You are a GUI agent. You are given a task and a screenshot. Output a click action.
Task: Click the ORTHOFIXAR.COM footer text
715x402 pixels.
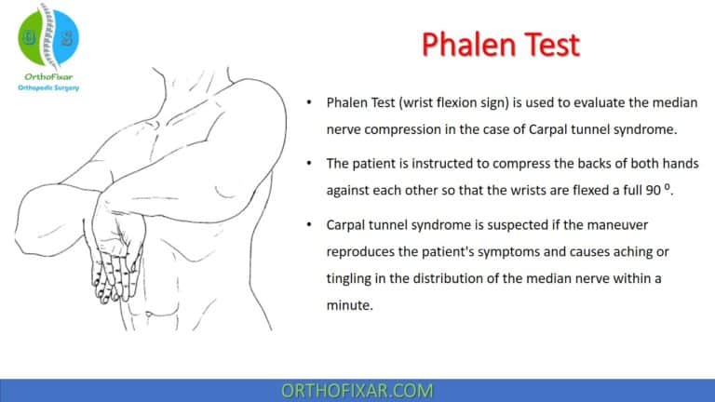pos(357,390)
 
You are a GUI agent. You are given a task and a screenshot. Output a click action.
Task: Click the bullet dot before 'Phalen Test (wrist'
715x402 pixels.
pos(308,101)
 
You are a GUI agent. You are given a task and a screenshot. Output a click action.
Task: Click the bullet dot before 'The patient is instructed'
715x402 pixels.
pos(308,163)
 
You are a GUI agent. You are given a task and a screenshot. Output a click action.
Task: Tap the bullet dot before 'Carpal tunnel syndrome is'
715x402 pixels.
pos(308,224)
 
